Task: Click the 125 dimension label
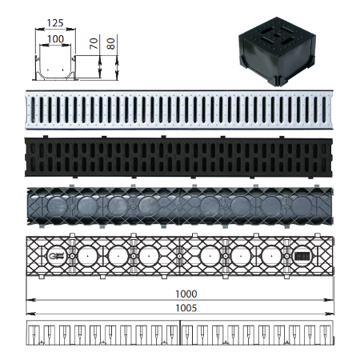point(55,23)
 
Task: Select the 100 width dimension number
point(55,39)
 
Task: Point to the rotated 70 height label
point(94,43)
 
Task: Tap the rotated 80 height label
point(110,44)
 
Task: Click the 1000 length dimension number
point(186,294)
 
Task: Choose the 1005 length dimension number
point(186,308)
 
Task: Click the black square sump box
point(278,52)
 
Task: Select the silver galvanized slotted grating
point(179,110)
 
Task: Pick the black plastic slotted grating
point(178,157)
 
